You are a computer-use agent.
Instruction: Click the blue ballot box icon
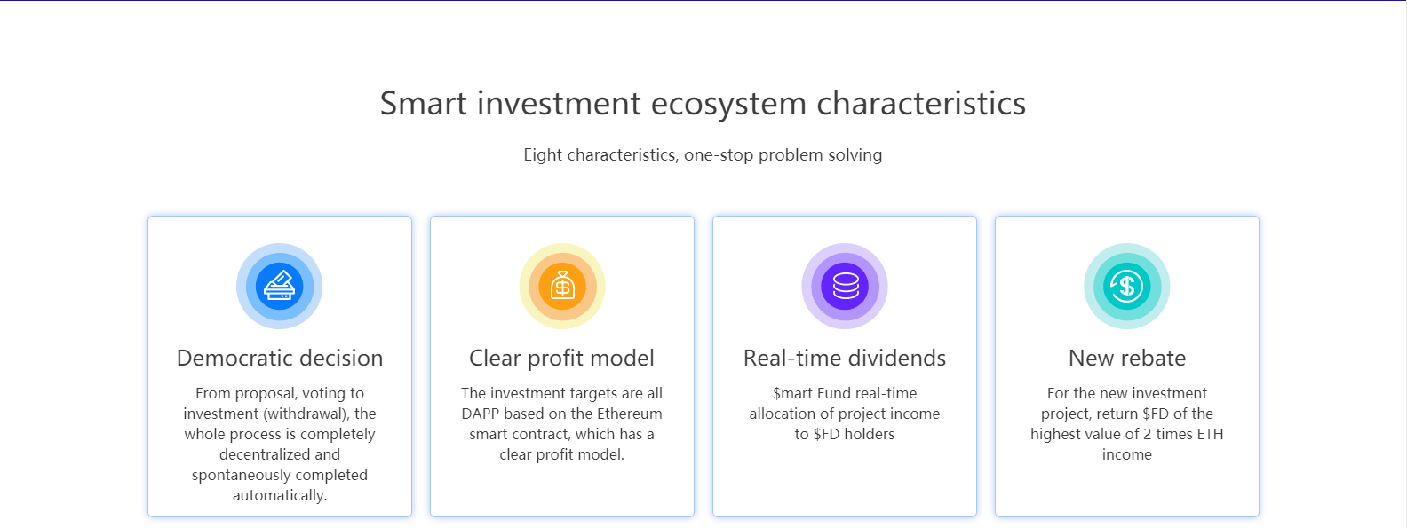(x=280, y=287)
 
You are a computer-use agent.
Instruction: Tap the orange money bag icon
(x=562, y=287)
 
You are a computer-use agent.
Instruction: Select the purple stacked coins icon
(x=845, y=287)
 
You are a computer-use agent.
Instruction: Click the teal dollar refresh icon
(x=1127, y=287)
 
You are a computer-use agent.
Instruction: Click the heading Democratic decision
(x=280, y=358)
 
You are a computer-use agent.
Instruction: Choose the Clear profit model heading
(x=561, y=358)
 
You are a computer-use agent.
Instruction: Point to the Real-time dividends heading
(x=844, y=358)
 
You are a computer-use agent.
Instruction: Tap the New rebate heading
(x=1127, y=358)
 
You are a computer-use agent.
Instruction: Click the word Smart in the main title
(x=424, y=104)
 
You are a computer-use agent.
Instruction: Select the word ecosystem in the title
(x=728, y=105)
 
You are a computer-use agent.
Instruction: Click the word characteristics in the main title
(x=921, y=104)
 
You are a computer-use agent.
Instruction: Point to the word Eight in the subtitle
(x=543, y=155)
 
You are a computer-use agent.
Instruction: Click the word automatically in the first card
(x=280, y=495)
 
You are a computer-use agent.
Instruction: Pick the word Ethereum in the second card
(x=630, y=414)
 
